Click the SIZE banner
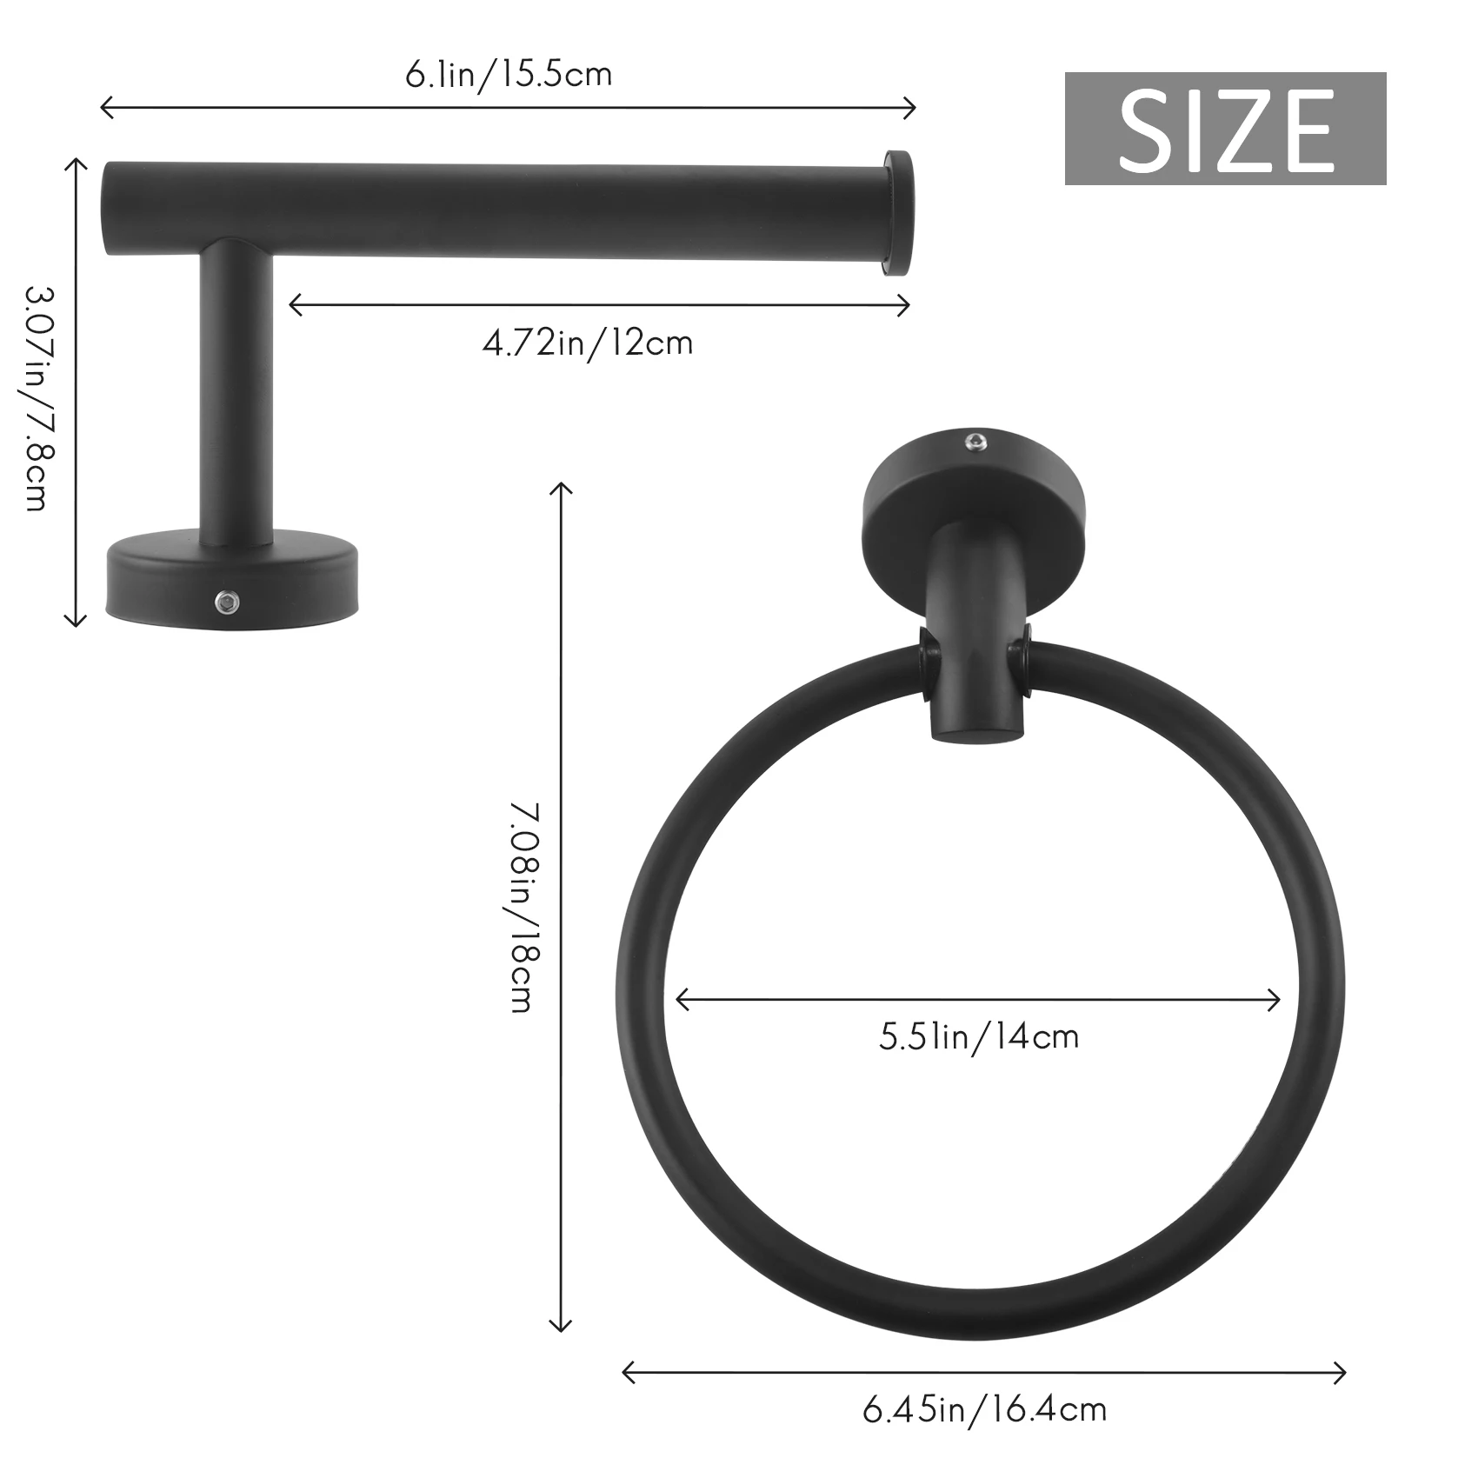pyautogui.click(x=1224, y=129)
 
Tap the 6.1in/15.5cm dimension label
pyautogui.click(x=509, y=75)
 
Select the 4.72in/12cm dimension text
pyautogui.click(x=588, y=343)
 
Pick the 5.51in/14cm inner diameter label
pyautogui.click(x=979, y=1037)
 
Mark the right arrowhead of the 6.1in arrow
pyautogui.click(x=911, y=108)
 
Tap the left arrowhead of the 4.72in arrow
pyautogui.click(x=293, y=304)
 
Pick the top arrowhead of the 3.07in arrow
pyautogui.click(x=76, y=163)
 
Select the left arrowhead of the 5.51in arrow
pyautogui.click(x=681, y=1000)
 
